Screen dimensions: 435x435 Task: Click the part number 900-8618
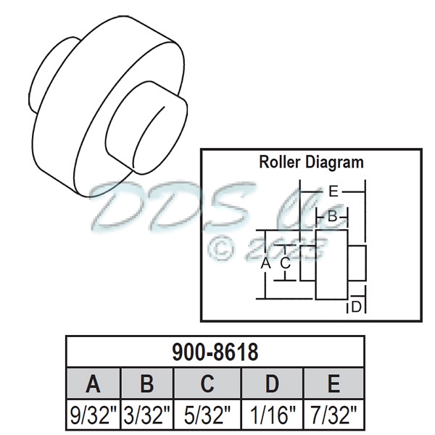click(215, 353)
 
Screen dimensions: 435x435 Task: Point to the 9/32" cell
click(93, 415)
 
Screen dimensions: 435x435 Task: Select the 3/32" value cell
click(147, 415)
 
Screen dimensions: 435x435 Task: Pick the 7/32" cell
click(333, 415)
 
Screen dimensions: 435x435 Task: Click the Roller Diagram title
click(311, 162)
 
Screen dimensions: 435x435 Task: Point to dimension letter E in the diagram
click(333, 192)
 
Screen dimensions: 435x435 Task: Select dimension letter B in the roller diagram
click(332, 216)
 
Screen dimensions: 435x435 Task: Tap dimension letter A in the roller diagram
click(265, 264)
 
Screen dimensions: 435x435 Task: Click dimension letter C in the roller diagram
click(286, 263)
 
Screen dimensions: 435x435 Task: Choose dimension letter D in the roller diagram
click(356, 307)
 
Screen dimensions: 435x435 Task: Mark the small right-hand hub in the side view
click(357, 265)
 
